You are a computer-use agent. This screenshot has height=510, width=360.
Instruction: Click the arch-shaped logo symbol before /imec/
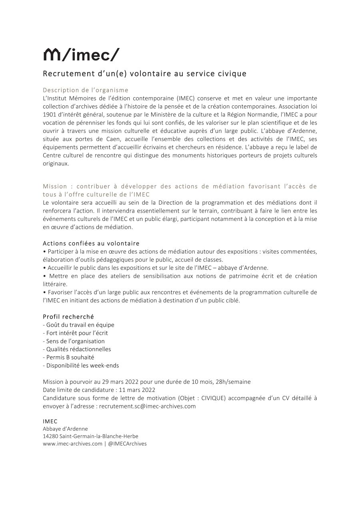51,54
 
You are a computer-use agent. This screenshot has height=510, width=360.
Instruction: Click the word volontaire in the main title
144,74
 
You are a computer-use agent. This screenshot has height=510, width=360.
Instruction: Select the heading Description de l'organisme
86,90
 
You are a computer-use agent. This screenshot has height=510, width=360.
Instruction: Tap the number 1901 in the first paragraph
50,114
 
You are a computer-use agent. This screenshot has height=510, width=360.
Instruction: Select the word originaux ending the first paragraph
56,163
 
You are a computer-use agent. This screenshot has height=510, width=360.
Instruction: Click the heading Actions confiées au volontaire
91,243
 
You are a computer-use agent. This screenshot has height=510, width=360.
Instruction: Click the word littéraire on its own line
55,284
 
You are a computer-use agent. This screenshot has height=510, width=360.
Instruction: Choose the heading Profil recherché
68,317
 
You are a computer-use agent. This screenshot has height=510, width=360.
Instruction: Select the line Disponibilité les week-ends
81,365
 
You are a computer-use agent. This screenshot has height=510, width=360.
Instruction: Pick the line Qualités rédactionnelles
77,349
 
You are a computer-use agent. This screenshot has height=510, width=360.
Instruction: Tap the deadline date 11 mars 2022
137,390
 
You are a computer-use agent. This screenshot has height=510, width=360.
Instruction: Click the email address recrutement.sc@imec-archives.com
147,406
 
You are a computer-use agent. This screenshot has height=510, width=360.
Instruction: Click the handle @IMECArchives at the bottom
127,444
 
